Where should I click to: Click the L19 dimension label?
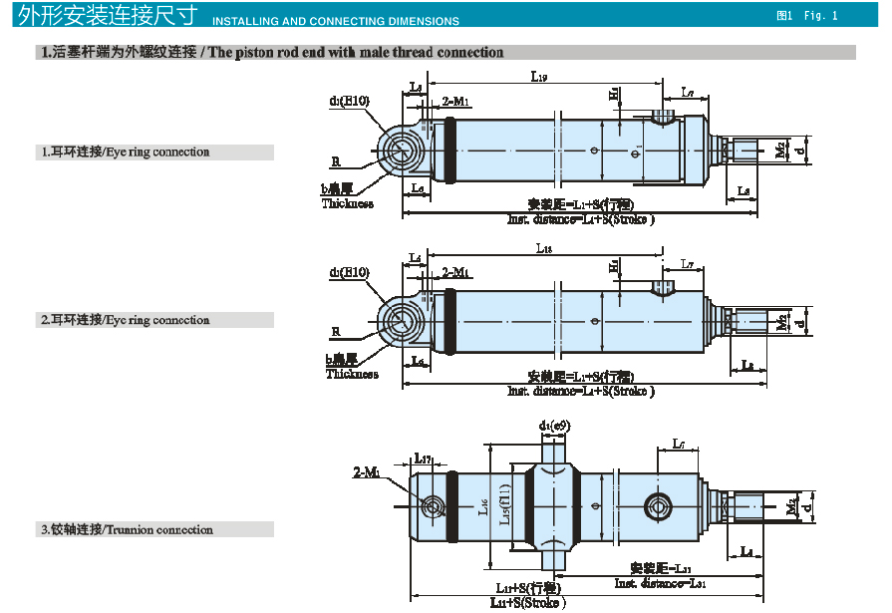(x=539, y=76)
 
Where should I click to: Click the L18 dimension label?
(x=543, y=248)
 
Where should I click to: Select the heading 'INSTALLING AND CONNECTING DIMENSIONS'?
(x=337, y=21)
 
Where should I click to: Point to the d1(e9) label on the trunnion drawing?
(x=554, y=427)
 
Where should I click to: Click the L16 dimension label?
(x=481, y=507)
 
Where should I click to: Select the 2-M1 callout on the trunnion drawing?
(x=367, y=471)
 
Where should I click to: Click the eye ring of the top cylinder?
(x=403, y=151)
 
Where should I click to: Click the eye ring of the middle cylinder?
(x=404, y=321)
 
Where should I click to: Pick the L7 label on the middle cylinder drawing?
(x=687, y=264)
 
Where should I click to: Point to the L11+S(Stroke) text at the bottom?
(x=527, y=603)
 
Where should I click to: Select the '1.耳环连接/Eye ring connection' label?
(x=125, y=153)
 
